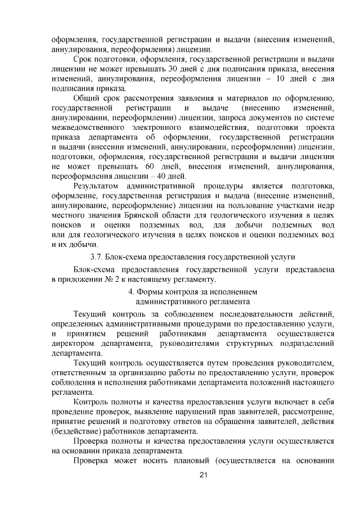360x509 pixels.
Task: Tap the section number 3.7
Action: coord(98,256)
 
